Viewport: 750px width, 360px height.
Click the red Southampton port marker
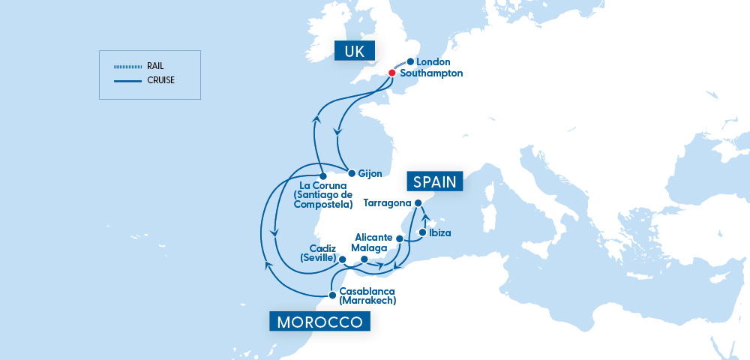[x=391, y=73]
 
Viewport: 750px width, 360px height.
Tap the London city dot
[x=410, y=61]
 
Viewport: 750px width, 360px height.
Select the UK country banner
[x=355, y=51]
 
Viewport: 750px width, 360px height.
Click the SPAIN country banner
[x=435, y=181]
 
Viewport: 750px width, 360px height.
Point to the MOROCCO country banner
[x=320, y=322]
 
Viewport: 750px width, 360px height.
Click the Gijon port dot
[x=352, y=173]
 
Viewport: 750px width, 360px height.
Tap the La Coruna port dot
[x=322, y=177]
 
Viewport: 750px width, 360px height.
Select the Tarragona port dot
[x=419, y=203]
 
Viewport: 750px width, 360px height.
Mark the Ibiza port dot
[x=422, y=233]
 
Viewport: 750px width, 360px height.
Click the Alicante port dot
[x=400, y=239]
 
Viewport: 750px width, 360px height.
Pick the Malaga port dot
[x=364, y=259]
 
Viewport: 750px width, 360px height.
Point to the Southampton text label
[x=431, y=73]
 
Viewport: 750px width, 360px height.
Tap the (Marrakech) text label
[x=367, y=301]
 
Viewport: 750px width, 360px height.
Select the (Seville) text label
[x=319, y=258]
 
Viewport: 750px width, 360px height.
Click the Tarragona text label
[x=387, y=203]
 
